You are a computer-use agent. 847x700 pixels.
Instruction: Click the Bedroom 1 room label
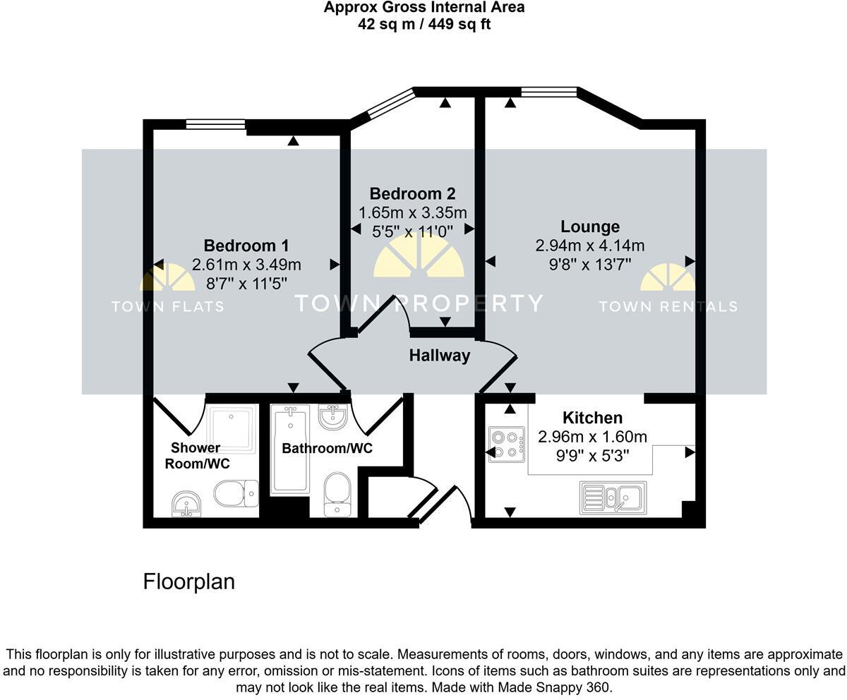[x=246, y=246]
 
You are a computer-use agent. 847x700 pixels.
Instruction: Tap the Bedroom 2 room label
[x=412, y=193]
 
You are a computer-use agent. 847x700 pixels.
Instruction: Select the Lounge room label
[x=590, y=227]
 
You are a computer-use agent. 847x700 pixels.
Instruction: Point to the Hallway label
[x=440, y=356]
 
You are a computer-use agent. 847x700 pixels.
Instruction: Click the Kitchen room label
[x=592, y=418]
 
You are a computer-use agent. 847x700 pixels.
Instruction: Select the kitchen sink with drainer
[x=613, y=497]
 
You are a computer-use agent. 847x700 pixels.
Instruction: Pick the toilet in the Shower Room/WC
[x=235, y=494]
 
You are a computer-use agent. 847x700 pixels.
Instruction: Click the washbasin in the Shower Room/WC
[x=186, y=504]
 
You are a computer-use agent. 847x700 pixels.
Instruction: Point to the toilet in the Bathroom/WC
[x=337, y=493]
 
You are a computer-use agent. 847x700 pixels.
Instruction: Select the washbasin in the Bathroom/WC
[x=332, y=417]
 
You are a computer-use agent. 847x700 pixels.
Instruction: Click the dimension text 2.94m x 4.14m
[x=590, y=246]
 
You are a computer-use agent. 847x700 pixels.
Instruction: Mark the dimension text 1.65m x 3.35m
[x=412, y=212]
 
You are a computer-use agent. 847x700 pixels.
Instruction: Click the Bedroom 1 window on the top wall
[x=216, y=125]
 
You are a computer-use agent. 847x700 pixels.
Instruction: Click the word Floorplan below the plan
[x=188, y=581]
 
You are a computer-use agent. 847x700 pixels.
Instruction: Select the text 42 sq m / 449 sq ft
[x=424, y=24]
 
